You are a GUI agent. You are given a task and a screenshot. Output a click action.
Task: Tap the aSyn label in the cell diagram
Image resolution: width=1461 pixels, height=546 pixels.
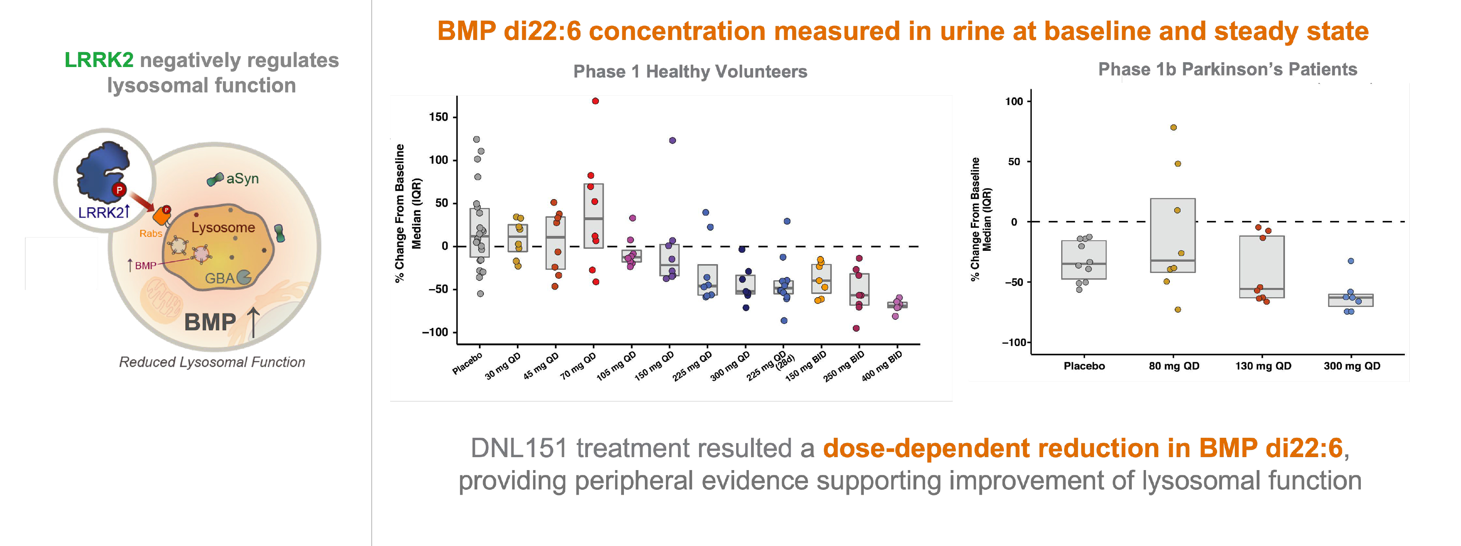[242, 178]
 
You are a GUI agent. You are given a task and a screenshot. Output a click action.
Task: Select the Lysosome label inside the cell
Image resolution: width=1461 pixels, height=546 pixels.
[223, 227]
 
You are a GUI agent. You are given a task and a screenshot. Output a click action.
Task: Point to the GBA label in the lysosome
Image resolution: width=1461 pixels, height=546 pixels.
[220, 278]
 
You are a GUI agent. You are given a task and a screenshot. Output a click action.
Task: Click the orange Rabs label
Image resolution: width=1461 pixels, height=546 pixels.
[151, 233]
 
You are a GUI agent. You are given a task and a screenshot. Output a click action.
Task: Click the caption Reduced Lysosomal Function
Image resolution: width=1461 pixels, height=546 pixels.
[212, 362]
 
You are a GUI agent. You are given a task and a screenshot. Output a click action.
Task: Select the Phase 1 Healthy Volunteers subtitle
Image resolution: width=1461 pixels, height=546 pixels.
[690, 71]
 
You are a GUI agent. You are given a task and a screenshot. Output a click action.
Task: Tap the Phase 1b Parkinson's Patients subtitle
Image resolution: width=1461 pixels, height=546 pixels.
[1227, 69]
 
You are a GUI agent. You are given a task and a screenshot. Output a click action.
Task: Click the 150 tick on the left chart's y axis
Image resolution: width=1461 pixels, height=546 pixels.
[439, 117]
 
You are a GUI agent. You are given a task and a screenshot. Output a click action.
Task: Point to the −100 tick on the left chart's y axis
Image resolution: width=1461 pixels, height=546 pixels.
[435, 332]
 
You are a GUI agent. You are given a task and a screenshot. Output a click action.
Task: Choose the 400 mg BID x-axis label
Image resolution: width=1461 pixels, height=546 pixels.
[882, 366]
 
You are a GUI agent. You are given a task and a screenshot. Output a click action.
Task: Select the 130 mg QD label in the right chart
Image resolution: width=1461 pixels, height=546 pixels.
[1263, 366]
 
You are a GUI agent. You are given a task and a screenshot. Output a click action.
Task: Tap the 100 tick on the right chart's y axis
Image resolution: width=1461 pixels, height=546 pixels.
[1014, 101]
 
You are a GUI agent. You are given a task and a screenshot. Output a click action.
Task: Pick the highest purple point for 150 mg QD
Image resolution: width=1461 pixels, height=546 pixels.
[672, 141]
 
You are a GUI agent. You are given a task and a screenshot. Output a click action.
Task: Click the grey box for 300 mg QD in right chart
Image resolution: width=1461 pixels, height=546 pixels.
[1350, 300]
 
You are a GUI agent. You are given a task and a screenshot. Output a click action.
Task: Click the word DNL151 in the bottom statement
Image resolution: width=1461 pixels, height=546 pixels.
[519, 449]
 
